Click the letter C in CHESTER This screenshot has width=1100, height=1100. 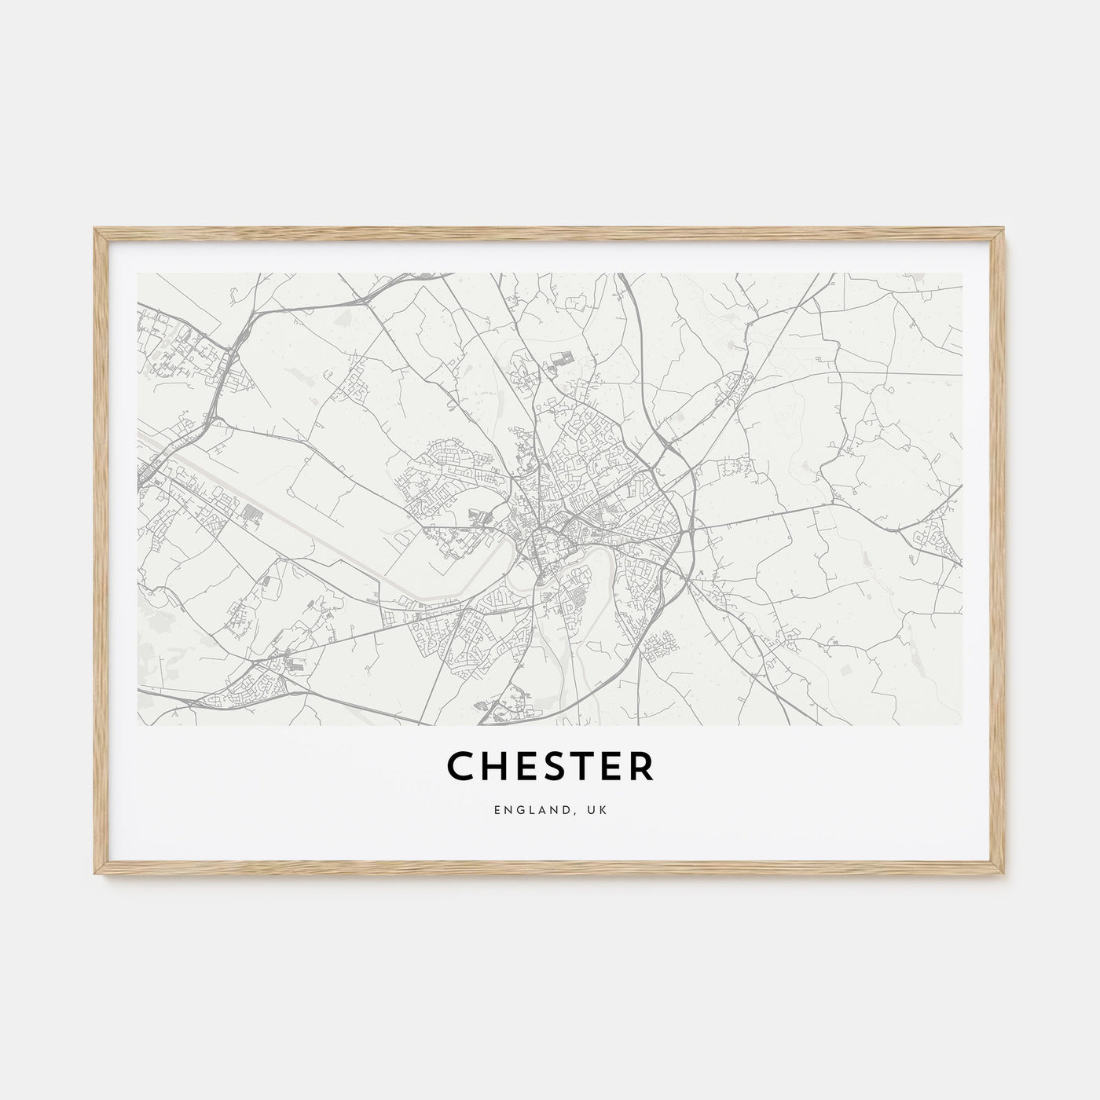461,767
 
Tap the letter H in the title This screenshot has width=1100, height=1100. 496,767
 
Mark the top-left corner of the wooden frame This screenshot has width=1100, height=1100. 95,229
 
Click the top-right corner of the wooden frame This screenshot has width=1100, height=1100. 1005,229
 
